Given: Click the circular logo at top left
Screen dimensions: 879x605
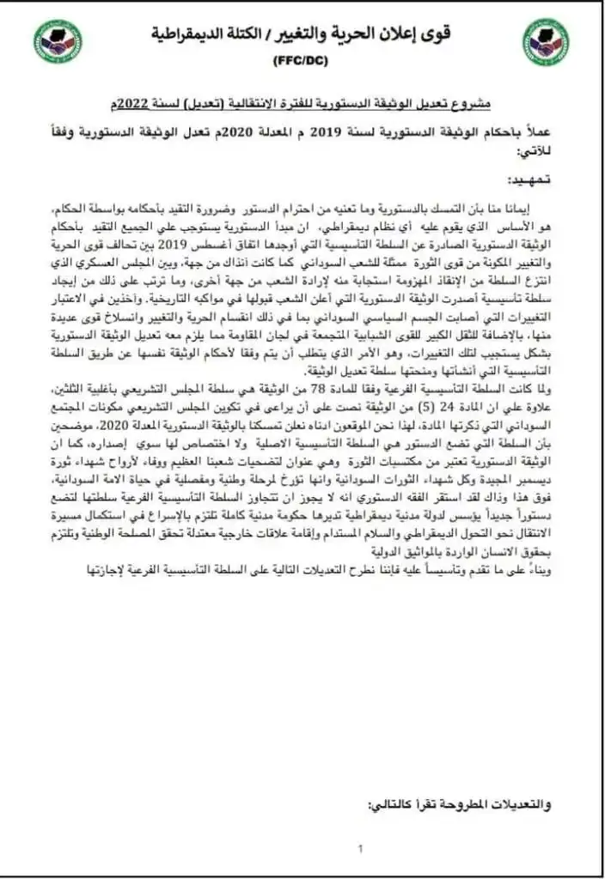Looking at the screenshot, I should click(x=58, y=42).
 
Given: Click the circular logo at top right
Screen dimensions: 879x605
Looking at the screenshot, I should click(x=545, y=42).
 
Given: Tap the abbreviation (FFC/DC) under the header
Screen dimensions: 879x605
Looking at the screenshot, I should click(x=302, y=62).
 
